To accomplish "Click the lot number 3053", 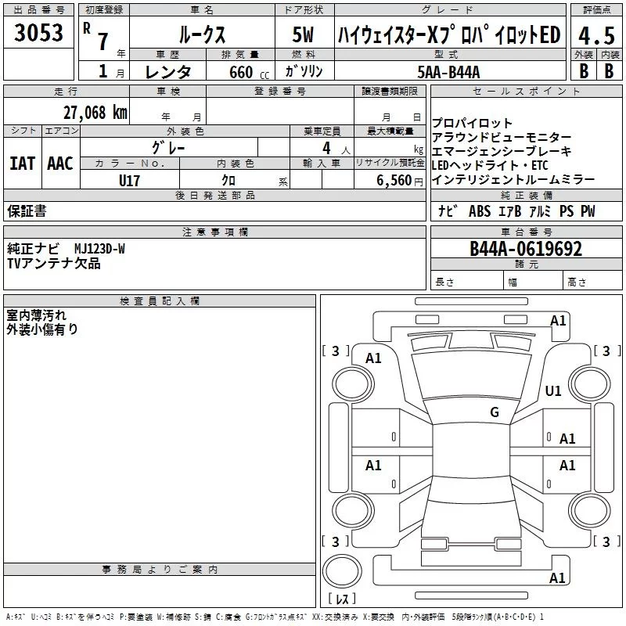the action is click(x=39, y=33).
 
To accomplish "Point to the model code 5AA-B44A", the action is click(x=448, y=72).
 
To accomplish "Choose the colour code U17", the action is click(x=130, y=180).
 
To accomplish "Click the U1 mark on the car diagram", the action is click(x=553, y=390).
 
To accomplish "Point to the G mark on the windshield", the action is click(x=494, y=412).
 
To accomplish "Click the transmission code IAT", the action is click(x=23, y=163).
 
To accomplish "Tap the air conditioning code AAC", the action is click(x=60, y=163).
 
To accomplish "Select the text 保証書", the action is click(x=27, y=210).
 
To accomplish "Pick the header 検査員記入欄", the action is click(x=160, y=300).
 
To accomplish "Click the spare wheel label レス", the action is click(x=342, y=600).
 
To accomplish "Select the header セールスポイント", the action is click(x=516, y=92).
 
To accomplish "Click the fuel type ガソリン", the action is click(x=304, y=71).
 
